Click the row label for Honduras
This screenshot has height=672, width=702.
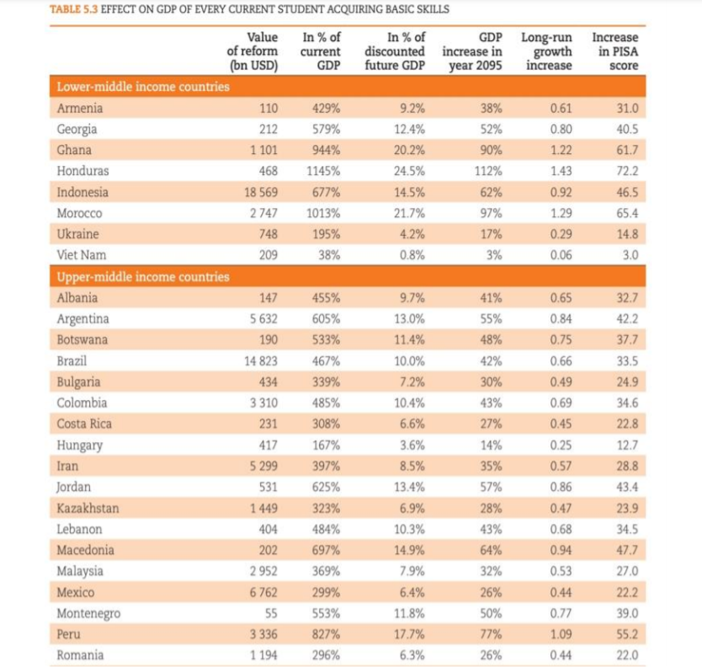click(x=82, y=171)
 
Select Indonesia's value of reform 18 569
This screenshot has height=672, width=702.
click(x=261, y=192)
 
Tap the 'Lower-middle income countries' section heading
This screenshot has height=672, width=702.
click(x=143, y=87)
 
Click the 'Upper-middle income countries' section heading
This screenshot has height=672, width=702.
click(x=143, y=276)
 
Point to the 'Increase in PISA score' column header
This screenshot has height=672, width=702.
click(x=615, y=51)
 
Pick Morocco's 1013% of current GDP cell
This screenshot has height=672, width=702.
click(x=323, y=213)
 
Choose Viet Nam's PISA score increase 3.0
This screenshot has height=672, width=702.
click(x=630, y=255)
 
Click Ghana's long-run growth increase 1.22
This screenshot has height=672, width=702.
click(x=561, y=150)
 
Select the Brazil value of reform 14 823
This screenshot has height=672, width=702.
click(x=261, y=360)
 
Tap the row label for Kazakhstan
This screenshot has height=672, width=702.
click(x=88, y=508)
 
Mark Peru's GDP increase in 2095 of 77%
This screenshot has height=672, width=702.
click(x=491, y=634)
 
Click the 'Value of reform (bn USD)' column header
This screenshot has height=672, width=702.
click(x=253, y=51)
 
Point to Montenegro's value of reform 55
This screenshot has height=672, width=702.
click(x=271, y=613)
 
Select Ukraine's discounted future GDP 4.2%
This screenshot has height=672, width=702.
click(x=412, y=234)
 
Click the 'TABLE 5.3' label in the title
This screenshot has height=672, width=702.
click(x=73, y=9)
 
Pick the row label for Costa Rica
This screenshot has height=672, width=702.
click(x=84, y=424)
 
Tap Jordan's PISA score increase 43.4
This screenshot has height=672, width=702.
click(x=627, y=487)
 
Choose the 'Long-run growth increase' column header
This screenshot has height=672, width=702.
click(x=546, y=51)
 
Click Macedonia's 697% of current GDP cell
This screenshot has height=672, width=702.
click(x=327, y=550)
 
